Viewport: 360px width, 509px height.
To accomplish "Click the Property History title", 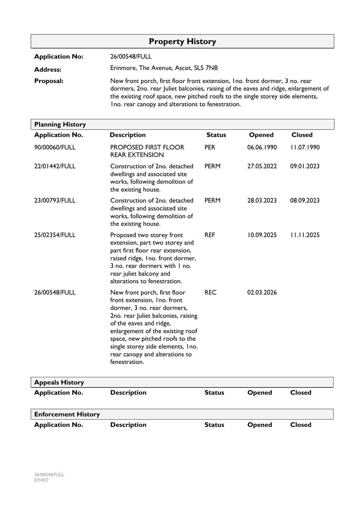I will point(182,42).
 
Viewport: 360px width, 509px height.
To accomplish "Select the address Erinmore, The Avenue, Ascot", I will point(164,68).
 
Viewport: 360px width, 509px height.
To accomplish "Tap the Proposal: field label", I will point(49,81).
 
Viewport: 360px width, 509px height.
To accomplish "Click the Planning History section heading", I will point(60,124).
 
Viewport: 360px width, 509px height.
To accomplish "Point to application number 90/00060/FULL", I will point(55,147).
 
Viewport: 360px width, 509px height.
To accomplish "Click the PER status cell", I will point(210,147).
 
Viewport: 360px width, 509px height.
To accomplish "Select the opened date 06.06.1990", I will point(262,147).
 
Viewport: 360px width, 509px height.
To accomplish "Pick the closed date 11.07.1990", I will point(305,147).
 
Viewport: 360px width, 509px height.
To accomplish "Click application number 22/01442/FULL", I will point(55,166).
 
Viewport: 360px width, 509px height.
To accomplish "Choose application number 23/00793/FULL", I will point(55,201).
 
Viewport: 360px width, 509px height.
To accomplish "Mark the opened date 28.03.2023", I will point(262,201).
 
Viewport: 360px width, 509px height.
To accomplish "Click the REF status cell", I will point(210,235).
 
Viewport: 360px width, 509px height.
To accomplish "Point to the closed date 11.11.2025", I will point(305,235).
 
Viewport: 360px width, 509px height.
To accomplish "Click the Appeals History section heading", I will point(59,382).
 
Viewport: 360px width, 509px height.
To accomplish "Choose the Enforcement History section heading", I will point(67,414).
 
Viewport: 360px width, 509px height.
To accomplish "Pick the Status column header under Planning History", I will point(216,135).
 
